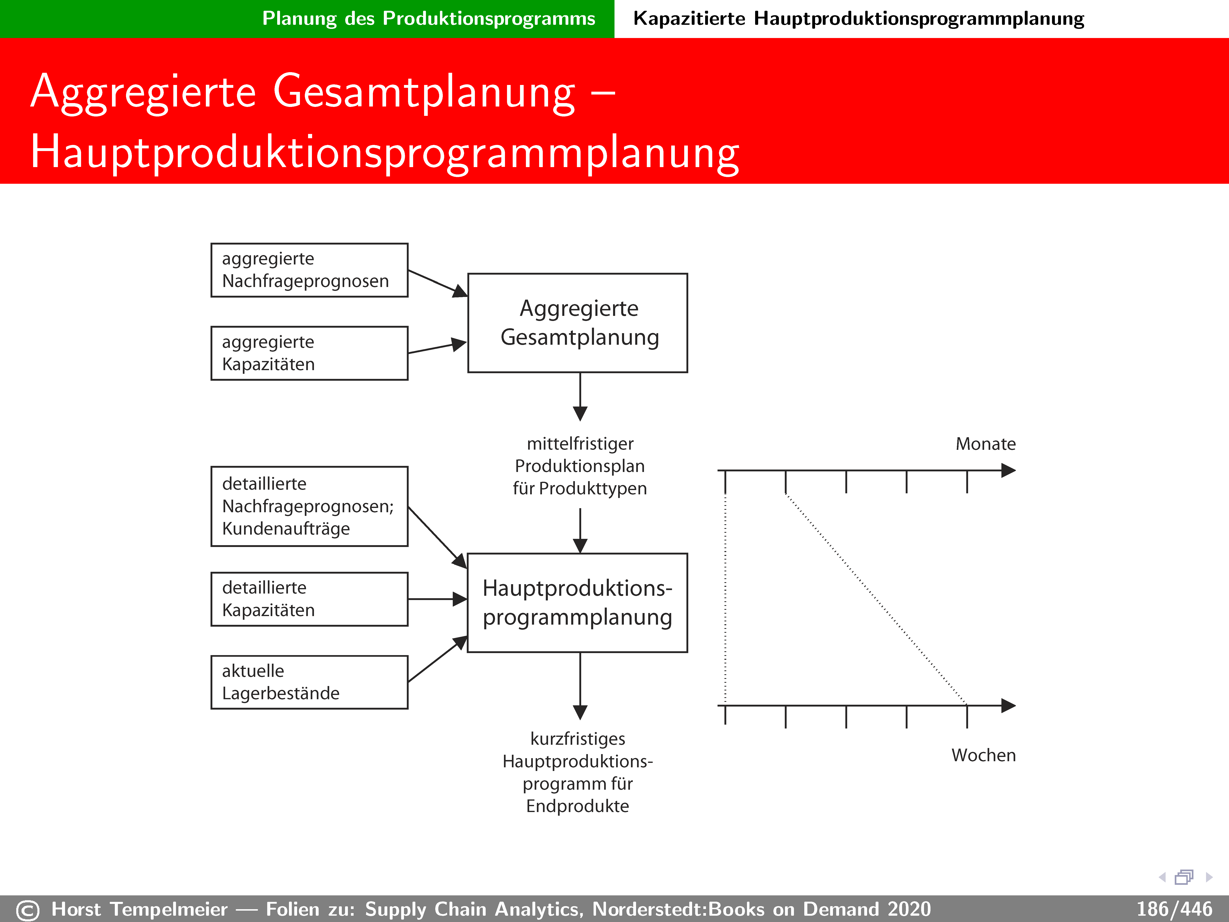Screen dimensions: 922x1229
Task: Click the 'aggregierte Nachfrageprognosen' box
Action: coord(309,270)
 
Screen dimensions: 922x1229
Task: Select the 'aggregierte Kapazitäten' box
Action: coord(309,353)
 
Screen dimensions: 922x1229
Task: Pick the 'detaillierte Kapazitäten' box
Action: coord(309,599)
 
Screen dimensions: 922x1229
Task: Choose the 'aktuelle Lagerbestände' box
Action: coord(309,682)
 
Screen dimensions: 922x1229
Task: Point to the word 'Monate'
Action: coord(985,444)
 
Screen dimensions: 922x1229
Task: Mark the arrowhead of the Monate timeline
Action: coord(1008,471)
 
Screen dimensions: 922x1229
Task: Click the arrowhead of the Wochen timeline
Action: coord(1008,706)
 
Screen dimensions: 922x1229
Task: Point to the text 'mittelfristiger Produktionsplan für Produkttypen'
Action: coord(580,466)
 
